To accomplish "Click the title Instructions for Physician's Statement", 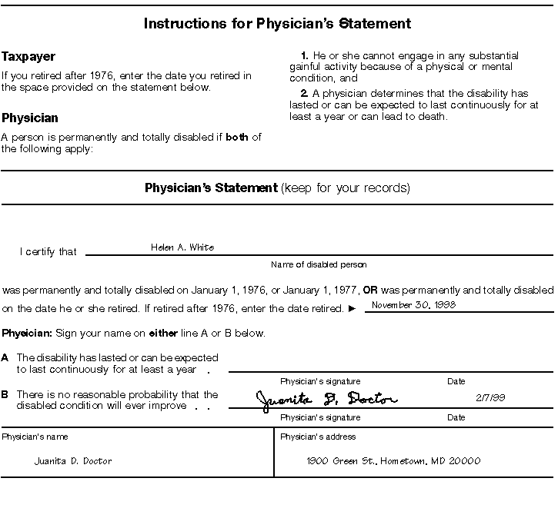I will click(x=277, y=24).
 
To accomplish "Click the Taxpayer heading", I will click(x=28, y=57).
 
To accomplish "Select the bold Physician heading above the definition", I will click(x=30, y=118).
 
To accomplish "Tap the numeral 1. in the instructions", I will click(x=305, y=56).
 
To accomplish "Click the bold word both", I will click(x=237, y=138).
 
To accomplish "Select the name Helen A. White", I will click(x=182, y=247).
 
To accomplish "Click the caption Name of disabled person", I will click(x=319, y=265).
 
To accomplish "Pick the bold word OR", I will click(x=370, y=291).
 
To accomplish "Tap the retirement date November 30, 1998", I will click(x=413, y=305).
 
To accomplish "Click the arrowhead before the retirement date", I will click(x=352, y=309).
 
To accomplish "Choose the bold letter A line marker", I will click(x=5, y=357).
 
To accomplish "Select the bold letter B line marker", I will click(x=5, y=394).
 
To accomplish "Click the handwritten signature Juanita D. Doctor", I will click(x=326, y=399).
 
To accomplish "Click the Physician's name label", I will click(x=35, y=437).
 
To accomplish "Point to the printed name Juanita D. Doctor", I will click(x=73, y=461).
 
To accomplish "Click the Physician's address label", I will click(x=318, y=437).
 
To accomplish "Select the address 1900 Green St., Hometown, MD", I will click(x=393, y=461).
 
